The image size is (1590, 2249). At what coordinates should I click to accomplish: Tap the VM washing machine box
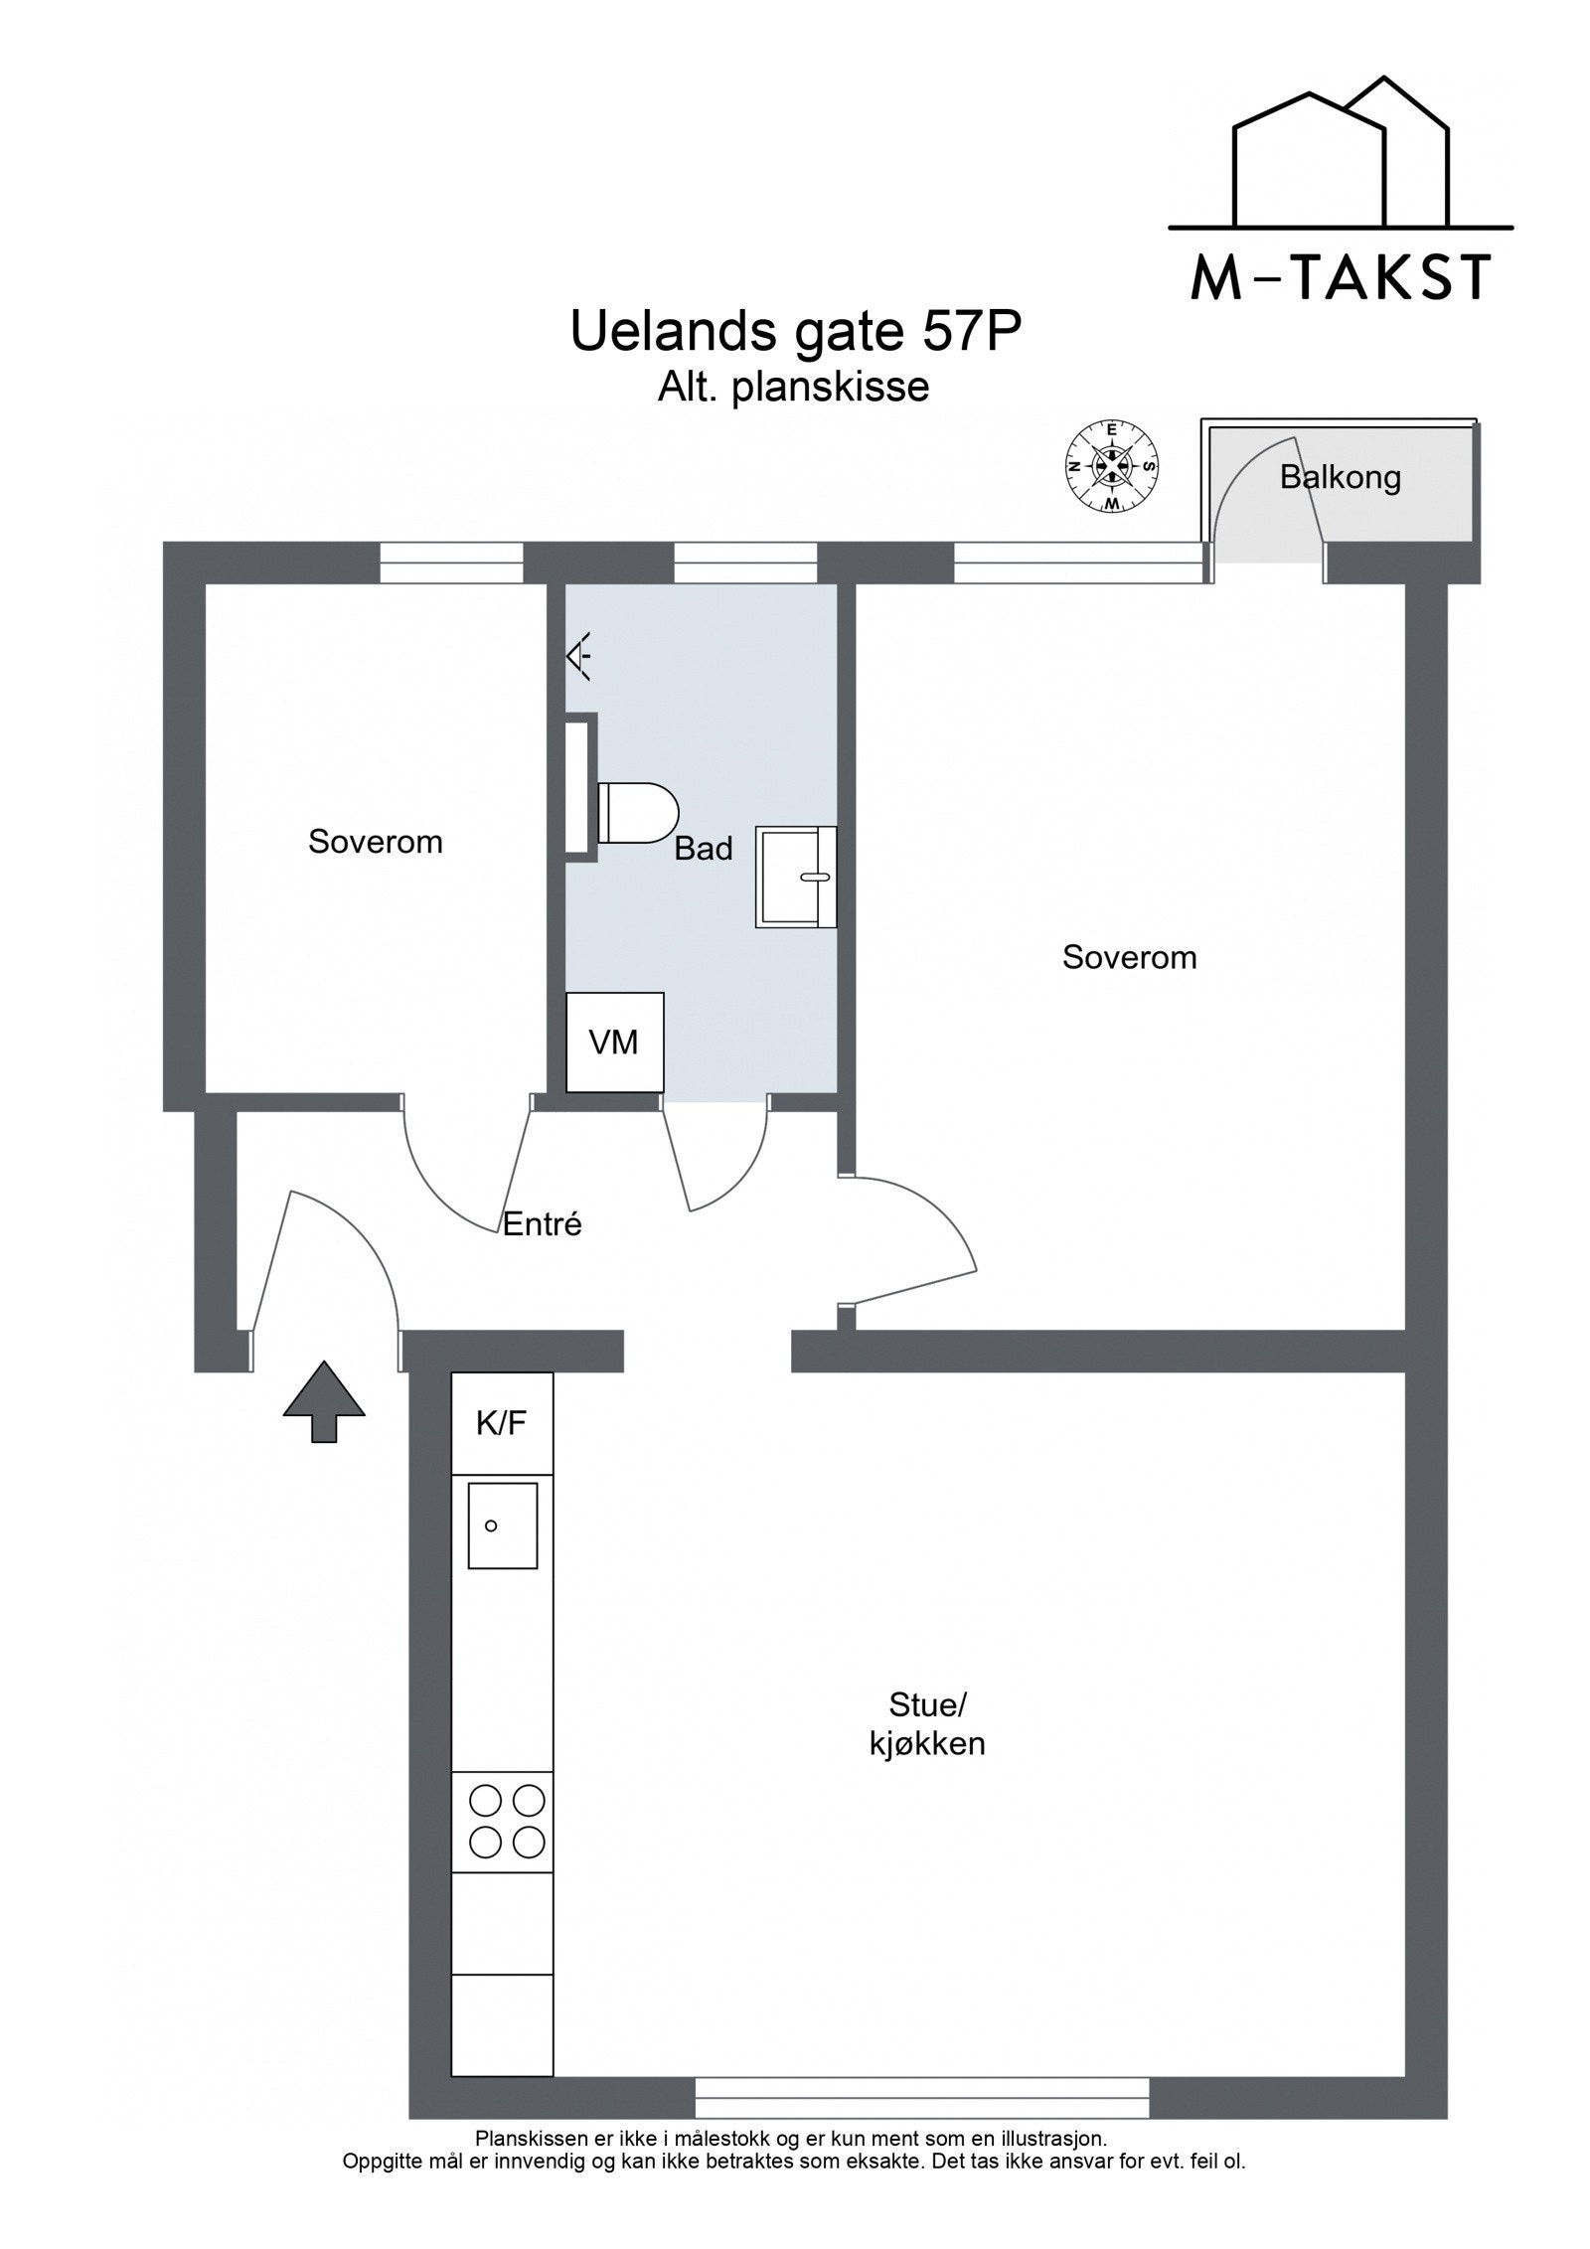click(613, 1043)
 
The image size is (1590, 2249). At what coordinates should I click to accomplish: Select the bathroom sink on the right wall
click(794, 877)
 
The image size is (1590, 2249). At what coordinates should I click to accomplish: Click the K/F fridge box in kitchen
click(501, 1423)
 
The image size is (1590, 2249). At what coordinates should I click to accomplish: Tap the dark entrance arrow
click(324, 1401)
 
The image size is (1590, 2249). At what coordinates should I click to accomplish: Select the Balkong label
click(1340, 478)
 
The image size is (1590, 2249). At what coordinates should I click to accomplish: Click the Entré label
click(542, 1223)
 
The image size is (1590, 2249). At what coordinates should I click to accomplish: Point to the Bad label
click(703, 848)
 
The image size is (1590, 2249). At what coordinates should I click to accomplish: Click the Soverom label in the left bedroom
click(375, 842)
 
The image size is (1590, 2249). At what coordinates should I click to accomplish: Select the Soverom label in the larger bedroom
click(1129, 957)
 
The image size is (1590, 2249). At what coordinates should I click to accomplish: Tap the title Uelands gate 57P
click(795, 333)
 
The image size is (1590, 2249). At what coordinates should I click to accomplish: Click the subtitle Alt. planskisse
click(793, 388)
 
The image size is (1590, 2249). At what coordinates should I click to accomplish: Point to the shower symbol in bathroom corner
click(579, 656)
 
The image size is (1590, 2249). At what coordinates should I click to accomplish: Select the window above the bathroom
click(745, 562)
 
